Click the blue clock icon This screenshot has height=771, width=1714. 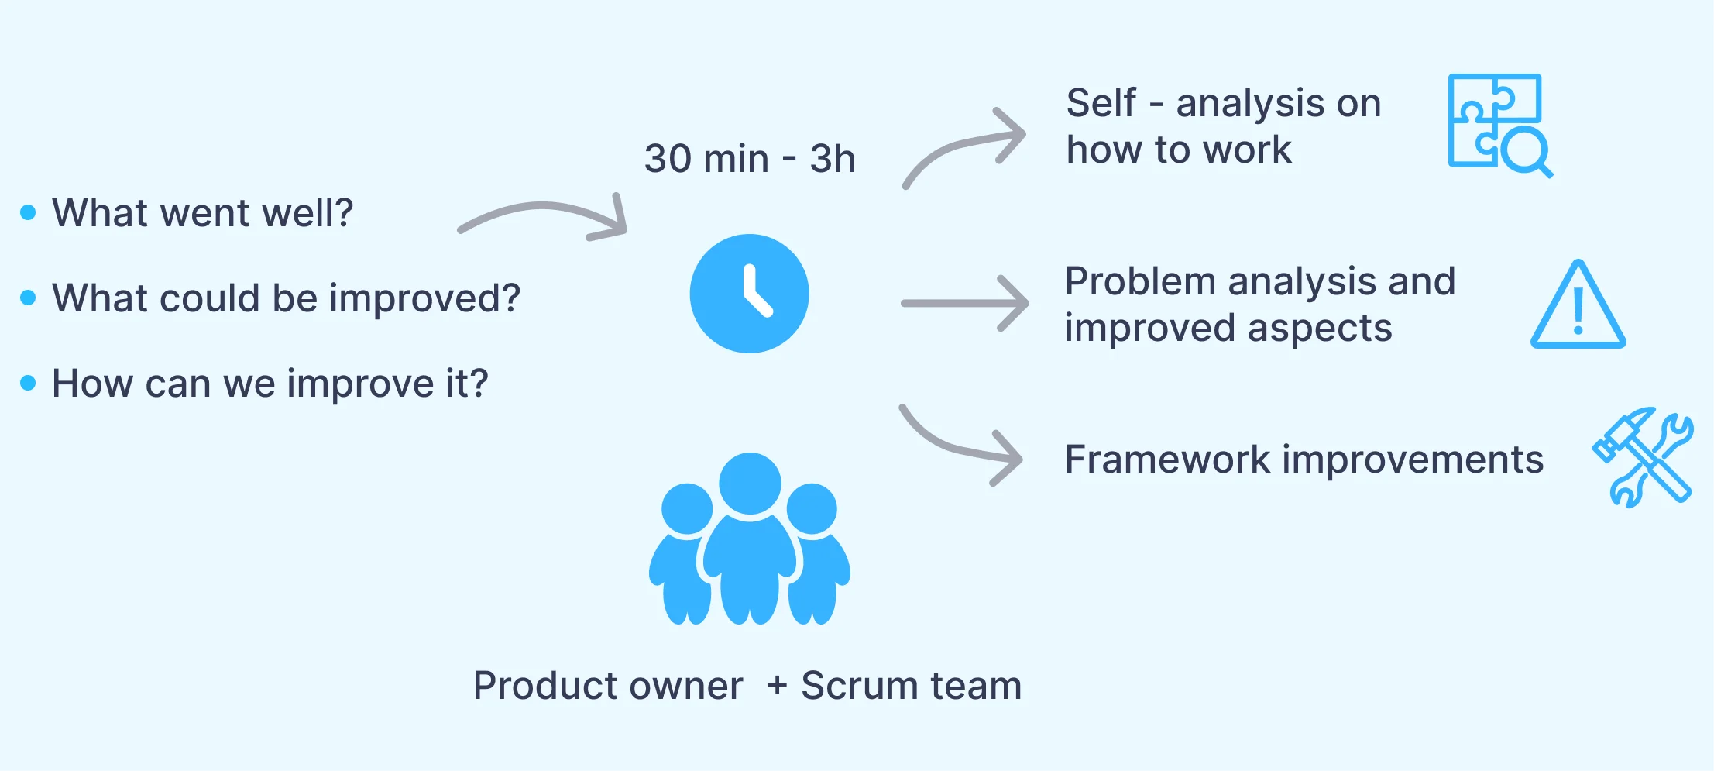coord(749,294)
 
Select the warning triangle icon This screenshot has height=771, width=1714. coord(1578,306)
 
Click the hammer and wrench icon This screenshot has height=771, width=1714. coord(1642,457)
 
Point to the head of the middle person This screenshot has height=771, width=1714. coord(750,482)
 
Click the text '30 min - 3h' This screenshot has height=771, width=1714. coord(749,159)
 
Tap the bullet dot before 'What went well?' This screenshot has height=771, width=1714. coord(29,212)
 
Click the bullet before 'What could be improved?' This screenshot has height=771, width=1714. coord(29,298)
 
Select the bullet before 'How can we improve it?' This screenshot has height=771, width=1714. coord(29,383)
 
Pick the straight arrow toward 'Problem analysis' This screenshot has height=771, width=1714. coord(964,303)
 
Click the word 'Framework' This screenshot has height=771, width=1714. coord(1168,460)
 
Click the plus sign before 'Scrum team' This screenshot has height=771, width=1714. coord(777,687)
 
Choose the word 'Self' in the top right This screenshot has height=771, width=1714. coord(1101,103)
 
